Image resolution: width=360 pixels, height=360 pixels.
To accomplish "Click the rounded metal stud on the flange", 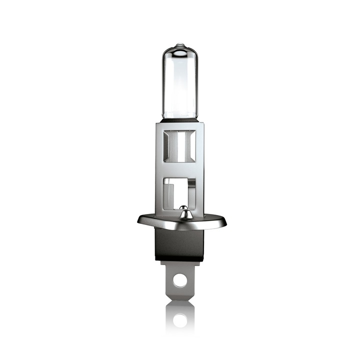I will pyautogui.click(x=183, y=213).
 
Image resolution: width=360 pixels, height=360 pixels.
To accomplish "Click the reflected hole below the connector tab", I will pyautogui.click(x=180, y=320).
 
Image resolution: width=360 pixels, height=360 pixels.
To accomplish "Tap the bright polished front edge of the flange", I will pyautogui.click(x=180, y=225).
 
